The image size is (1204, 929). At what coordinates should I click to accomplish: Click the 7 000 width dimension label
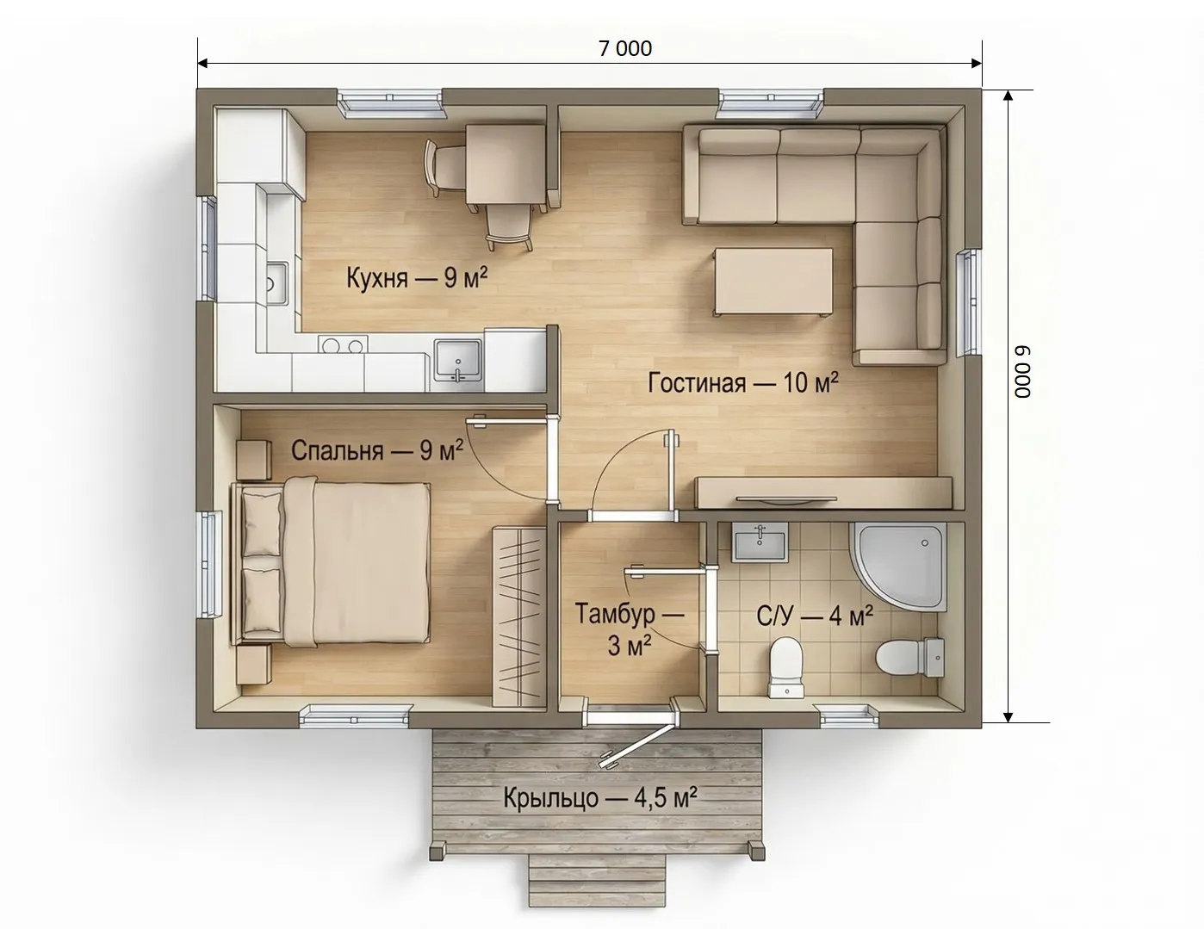[x=625, y=49]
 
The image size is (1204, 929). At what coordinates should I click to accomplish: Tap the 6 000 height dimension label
[x=1022, y=372]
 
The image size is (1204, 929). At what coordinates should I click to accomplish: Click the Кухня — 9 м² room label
[x=417, y=277]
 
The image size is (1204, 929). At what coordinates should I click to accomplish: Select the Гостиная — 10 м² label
[x=743, y=382]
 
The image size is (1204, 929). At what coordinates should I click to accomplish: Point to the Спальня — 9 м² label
[x=377, y=450]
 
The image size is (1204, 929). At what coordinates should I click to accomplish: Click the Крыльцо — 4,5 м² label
[x=600, y=798]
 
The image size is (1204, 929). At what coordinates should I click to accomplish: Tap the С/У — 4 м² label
[x=815, y=616]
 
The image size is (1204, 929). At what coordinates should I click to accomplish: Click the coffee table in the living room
[x=773, y=282]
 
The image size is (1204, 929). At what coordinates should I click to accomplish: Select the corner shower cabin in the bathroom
[x=897, y=566]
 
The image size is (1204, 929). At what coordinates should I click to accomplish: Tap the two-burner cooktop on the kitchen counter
[x=343, y=344]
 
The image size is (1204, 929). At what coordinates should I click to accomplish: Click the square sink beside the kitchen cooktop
[x=457, y=361]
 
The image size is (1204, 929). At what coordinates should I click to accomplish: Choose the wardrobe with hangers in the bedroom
[x=517, y=616]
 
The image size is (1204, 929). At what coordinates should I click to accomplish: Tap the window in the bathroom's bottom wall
[x=849, y=715]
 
